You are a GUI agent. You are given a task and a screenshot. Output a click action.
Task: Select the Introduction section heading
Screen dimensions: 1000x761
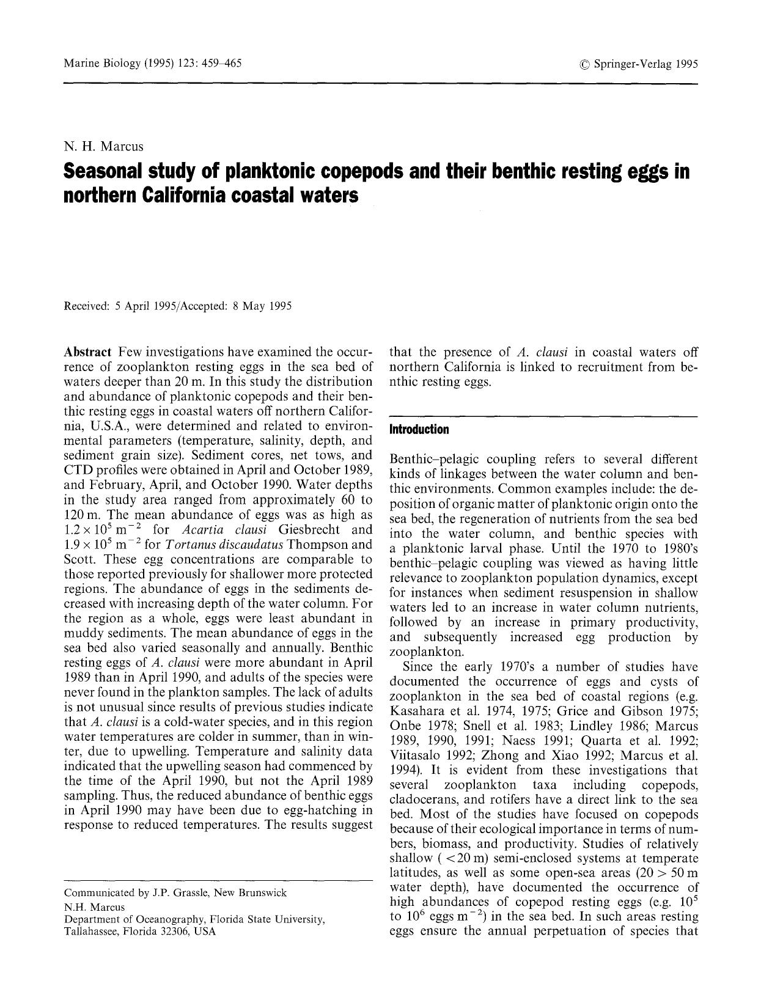(x=419, y=430)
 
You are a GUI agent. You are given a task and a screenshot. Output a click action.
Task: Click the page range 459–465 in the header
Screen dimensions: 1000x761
(x=220, y=64)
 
